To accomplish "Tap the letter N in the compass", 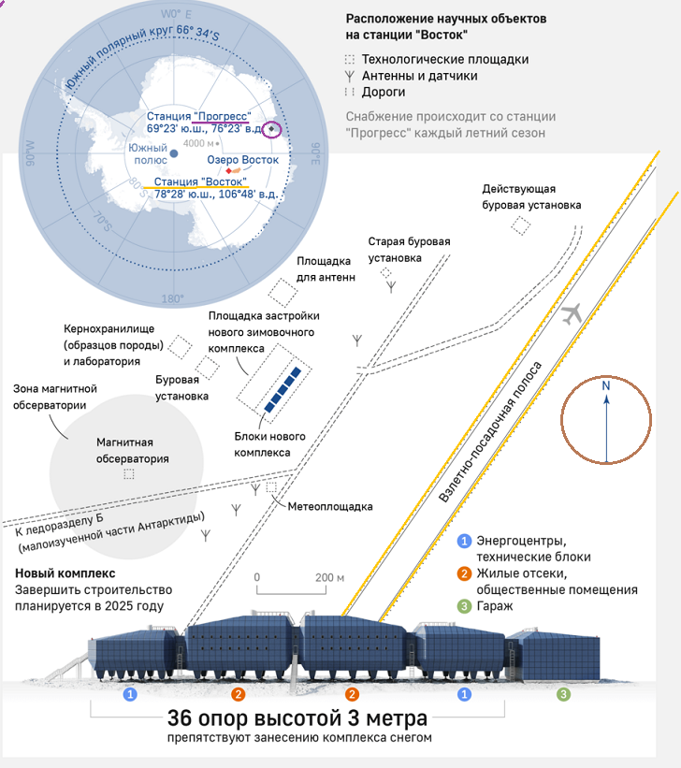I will pos(606,385).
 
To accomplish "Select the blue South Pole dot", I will pos(173,152).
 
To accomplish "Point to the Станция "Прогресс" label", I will pos(198,115).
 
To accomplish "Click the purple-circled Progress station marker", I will pos(271,129).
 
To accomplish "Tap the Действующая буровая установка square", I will pos(520,225).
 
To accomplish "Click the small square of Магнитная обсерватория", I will pos(129,474).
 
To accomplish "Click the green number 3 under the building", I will pos(563,694).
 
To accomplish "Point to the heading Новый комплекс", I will pos(65,572).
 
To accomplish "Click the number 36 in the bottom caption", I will pos(183,718).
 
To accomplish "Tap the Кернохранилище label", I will pos(109,329).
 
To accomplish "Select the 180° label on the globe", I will pos(173,298).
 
